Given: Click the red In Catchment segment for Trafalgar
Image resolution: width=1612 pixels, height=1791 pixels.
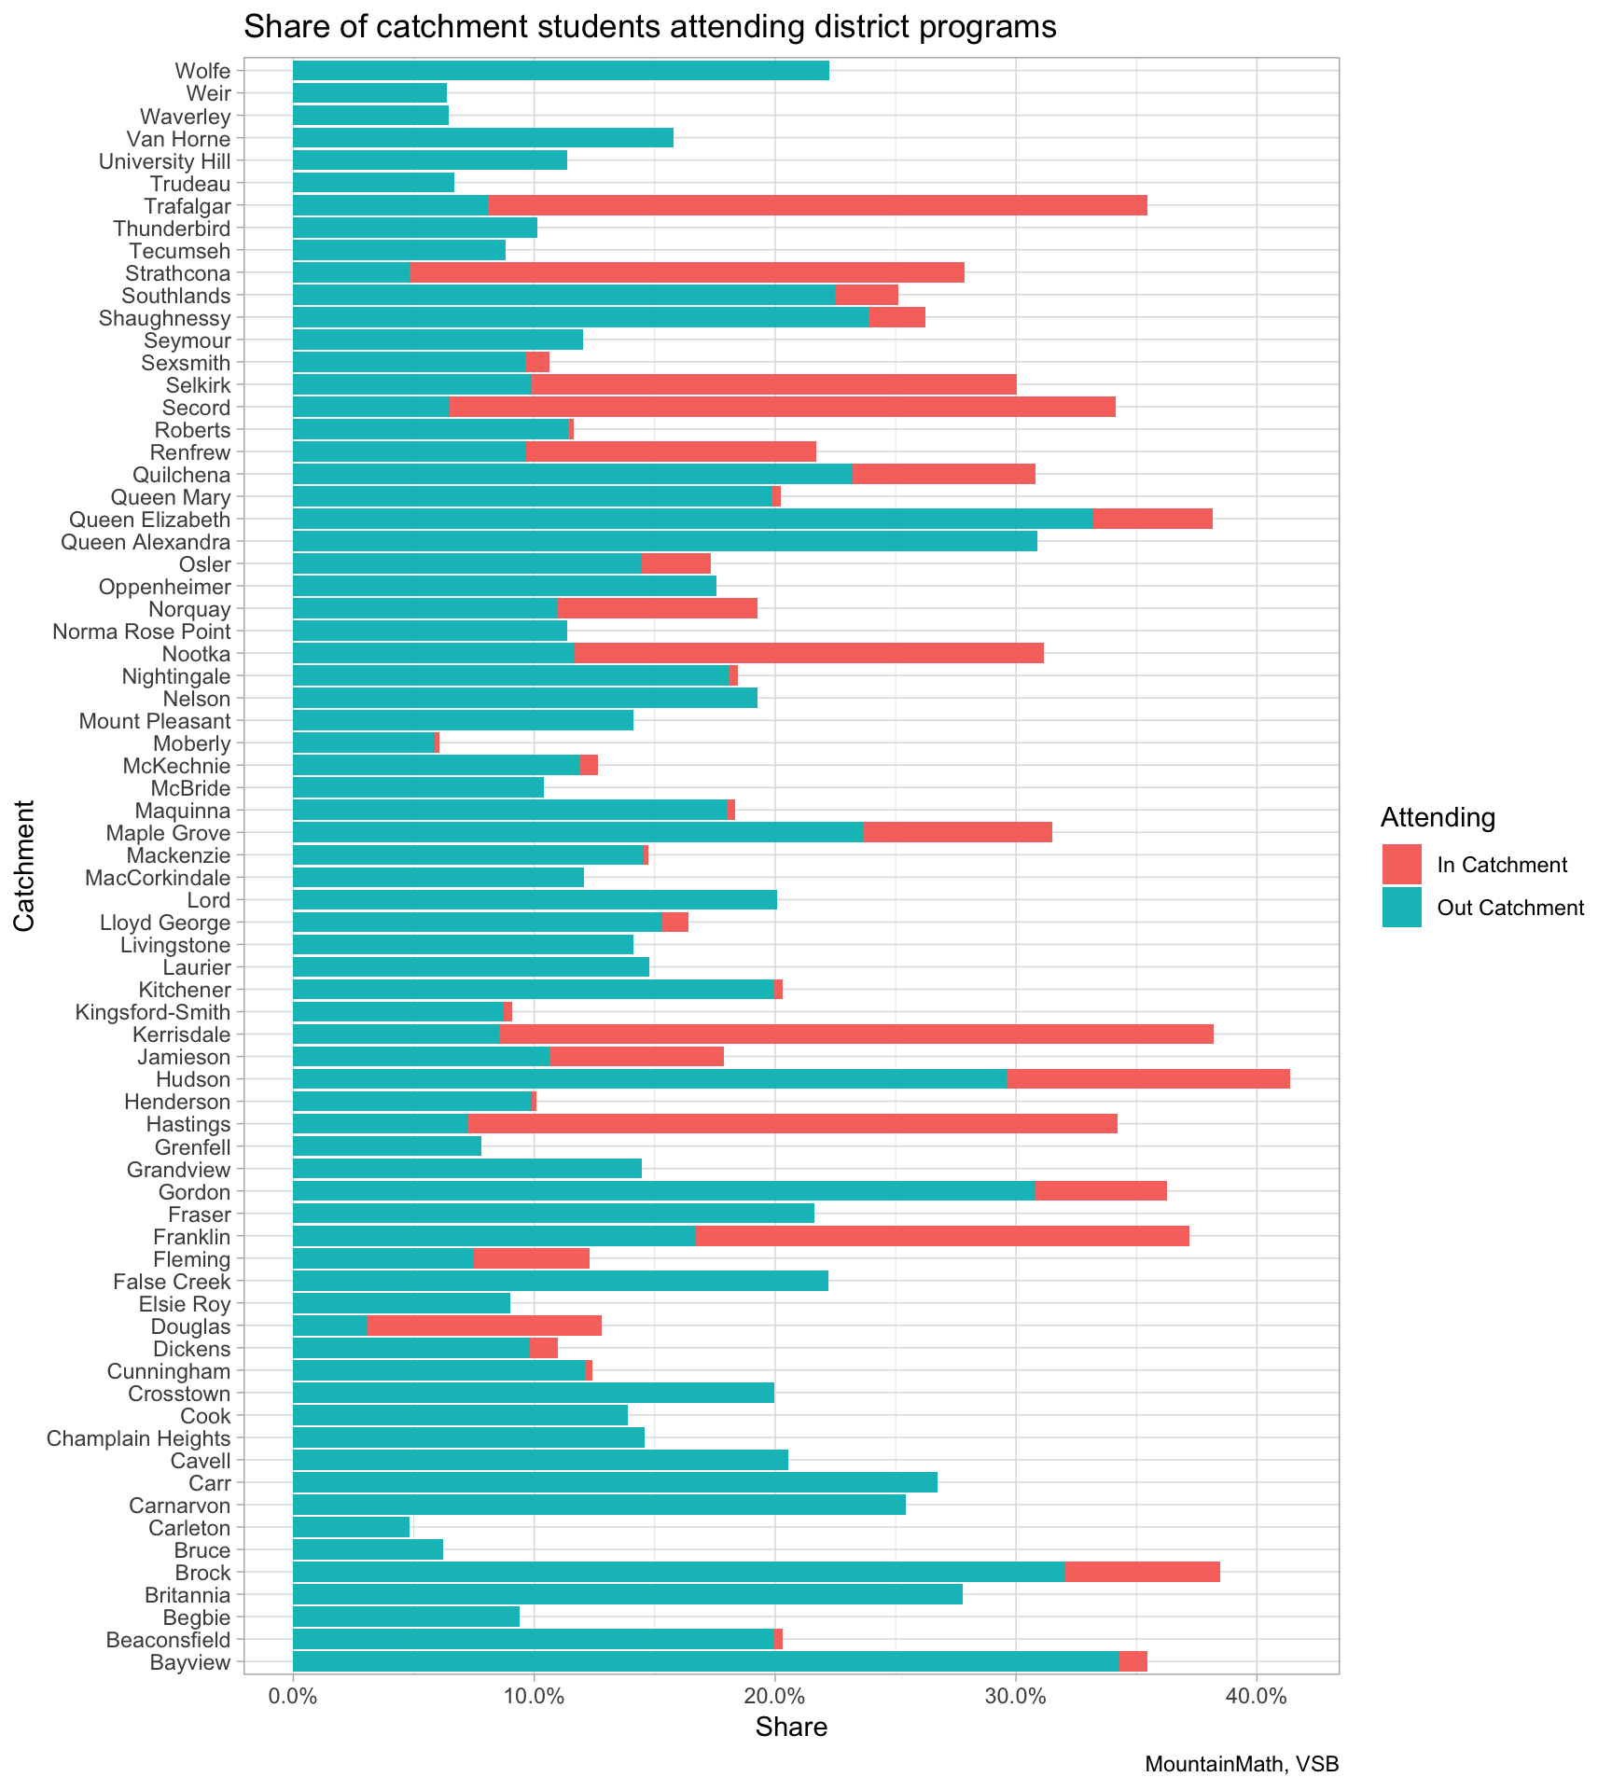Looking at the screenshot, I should coord(817,205).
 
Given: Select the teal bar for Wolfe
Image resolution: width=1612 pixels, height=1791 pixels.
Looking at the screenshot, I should coord(561,70).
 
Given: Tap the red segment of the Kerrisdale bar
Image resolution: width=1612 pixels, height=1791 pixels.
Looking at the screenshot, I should coord(855,1034).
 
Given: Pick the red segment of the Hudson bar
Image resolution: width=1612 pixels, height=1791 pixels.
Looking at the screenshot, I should coord(1147,1079).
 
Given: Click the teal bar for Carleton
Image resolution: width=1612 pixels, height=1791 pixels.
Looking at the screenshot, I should coord(351,1528).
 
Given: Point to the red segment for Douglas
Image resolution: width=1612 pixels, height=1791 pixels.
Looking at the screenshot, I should coord(484,1326).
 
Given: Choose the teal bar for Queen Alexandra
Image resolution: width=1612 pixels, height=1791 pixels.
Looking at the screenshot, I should coord(664,541).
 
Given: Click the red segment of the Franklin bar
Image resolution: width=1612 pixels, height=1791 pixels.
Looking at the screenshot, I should coord(941,1236).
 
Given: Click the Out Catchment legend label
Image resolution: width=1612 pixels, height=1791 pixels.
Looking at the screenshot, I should coord(1510,909).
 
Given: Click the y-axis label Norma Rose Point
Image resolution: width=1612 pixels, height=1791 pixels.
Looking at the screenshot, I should coord(141,632).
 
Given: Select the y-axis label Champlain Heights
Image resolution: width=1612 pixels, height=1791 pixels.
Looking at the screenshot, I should coord(138,1438).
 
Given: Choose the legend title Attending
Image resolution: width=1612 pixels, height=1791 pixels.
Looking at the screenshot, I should coord(1438,818).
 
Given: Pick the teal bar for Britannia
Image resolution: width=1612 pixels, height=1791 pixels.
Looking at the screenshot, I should coord(627,1595).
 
